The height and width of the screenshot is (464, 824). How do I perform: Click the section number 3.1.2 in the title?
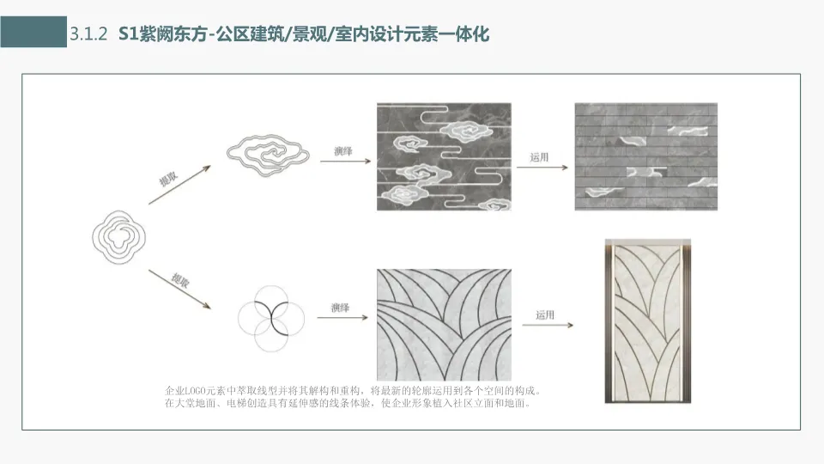[88, 34]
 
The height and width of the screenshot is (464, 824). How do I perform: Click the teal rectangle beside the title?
[33, 32]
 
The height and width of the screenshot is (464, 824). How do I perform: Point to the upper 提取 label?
[169, 179]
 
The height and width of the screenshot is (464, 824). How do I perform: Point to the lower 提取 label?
[180, 280]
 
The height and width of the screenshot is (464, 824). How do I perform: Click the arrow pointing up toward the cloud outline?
[179, 185]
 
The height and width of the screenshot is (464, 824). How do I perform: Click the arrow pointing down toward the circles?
[179, 289]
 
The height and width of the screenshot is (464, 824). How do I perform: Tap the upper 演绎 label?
[342, 151]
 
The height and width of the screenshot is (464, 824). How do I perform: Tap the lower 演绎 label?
[340, 308]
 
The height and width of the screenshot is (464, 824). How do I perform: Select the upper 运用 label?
[539, 157]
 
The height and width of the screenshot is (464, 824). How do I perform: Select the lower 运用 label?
[545, 315]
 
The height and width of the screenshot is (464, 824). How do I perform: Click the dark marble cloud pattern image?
[444, 156]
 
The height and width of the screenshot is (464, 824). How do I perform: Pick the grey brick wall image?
[645, 156]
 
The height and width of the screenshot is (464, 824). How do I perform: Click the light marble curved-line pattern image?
[444, 325]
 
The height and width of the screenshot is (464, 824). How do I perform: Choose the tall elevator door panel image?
[648, 321]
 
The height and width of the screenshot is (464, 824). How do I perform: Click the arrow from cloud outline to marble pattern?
[346, 161]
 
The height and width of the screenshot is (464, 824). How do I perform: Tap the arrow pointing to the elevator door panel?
[548, 325]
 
